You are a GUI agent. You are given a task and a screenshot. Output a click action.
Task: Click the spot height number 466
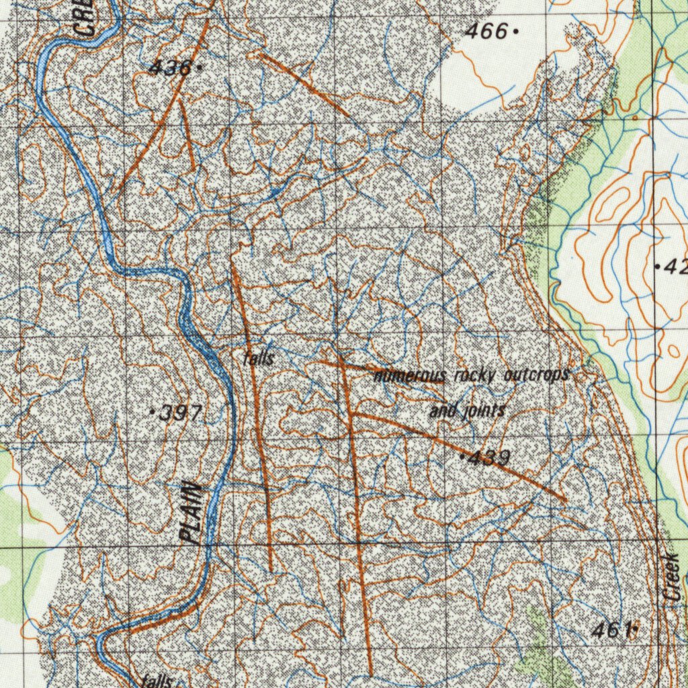click(x=486, y=31)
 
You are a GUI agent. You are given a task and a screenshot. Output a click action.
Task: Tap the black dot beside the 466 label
click(x=515, y=31)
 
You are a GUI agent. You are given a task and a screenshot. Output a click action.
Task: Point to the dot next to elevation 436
click(x=200, y=67)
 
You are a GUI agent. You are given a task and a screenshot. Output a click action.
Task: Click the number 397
click(x=179, y=414)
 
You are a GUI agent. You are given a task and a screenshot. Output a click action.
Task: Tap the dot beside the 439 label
click(x=462, y=457)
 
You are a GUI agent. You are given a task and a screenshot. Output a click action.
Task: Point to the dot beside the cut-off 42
click(x=656, y=267)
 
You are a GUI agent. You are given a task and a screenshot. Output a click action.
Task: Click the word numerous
click(x=409, y=376)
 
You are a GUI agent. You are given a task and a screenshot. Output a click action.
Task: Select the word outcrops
click(x=536, y=374)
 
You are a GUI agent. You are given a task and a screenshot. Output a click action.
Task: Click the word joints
click(x=484, y=411)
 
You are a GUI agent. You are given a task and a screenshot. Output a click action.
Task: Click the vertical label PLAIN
click(x=192, y=513)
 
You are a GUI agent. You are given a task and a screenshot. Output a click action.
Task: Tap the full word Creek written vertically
click(x=673, y=577)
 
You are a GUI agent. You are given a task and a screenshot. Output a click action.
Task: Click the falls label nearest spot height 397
click(x=259, y=359)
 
